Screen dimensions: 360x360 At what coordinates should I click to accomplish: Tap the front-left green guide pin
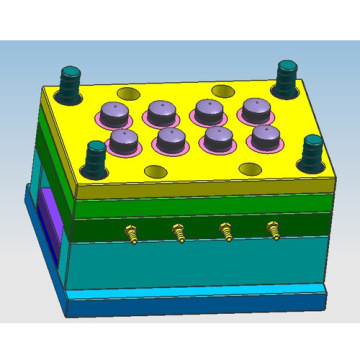[94, 156]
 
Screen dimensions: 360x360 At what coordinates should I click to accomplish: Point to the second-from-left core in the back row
[161, 112]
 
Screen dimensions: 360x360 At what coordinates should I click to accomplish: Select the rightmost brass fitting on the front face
[273, 231]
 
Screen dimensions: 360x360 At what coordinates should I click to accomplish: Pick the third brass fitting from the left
[226, 231]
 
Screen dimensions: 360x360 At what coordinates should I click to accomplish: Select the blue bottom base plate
[190, 299]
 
